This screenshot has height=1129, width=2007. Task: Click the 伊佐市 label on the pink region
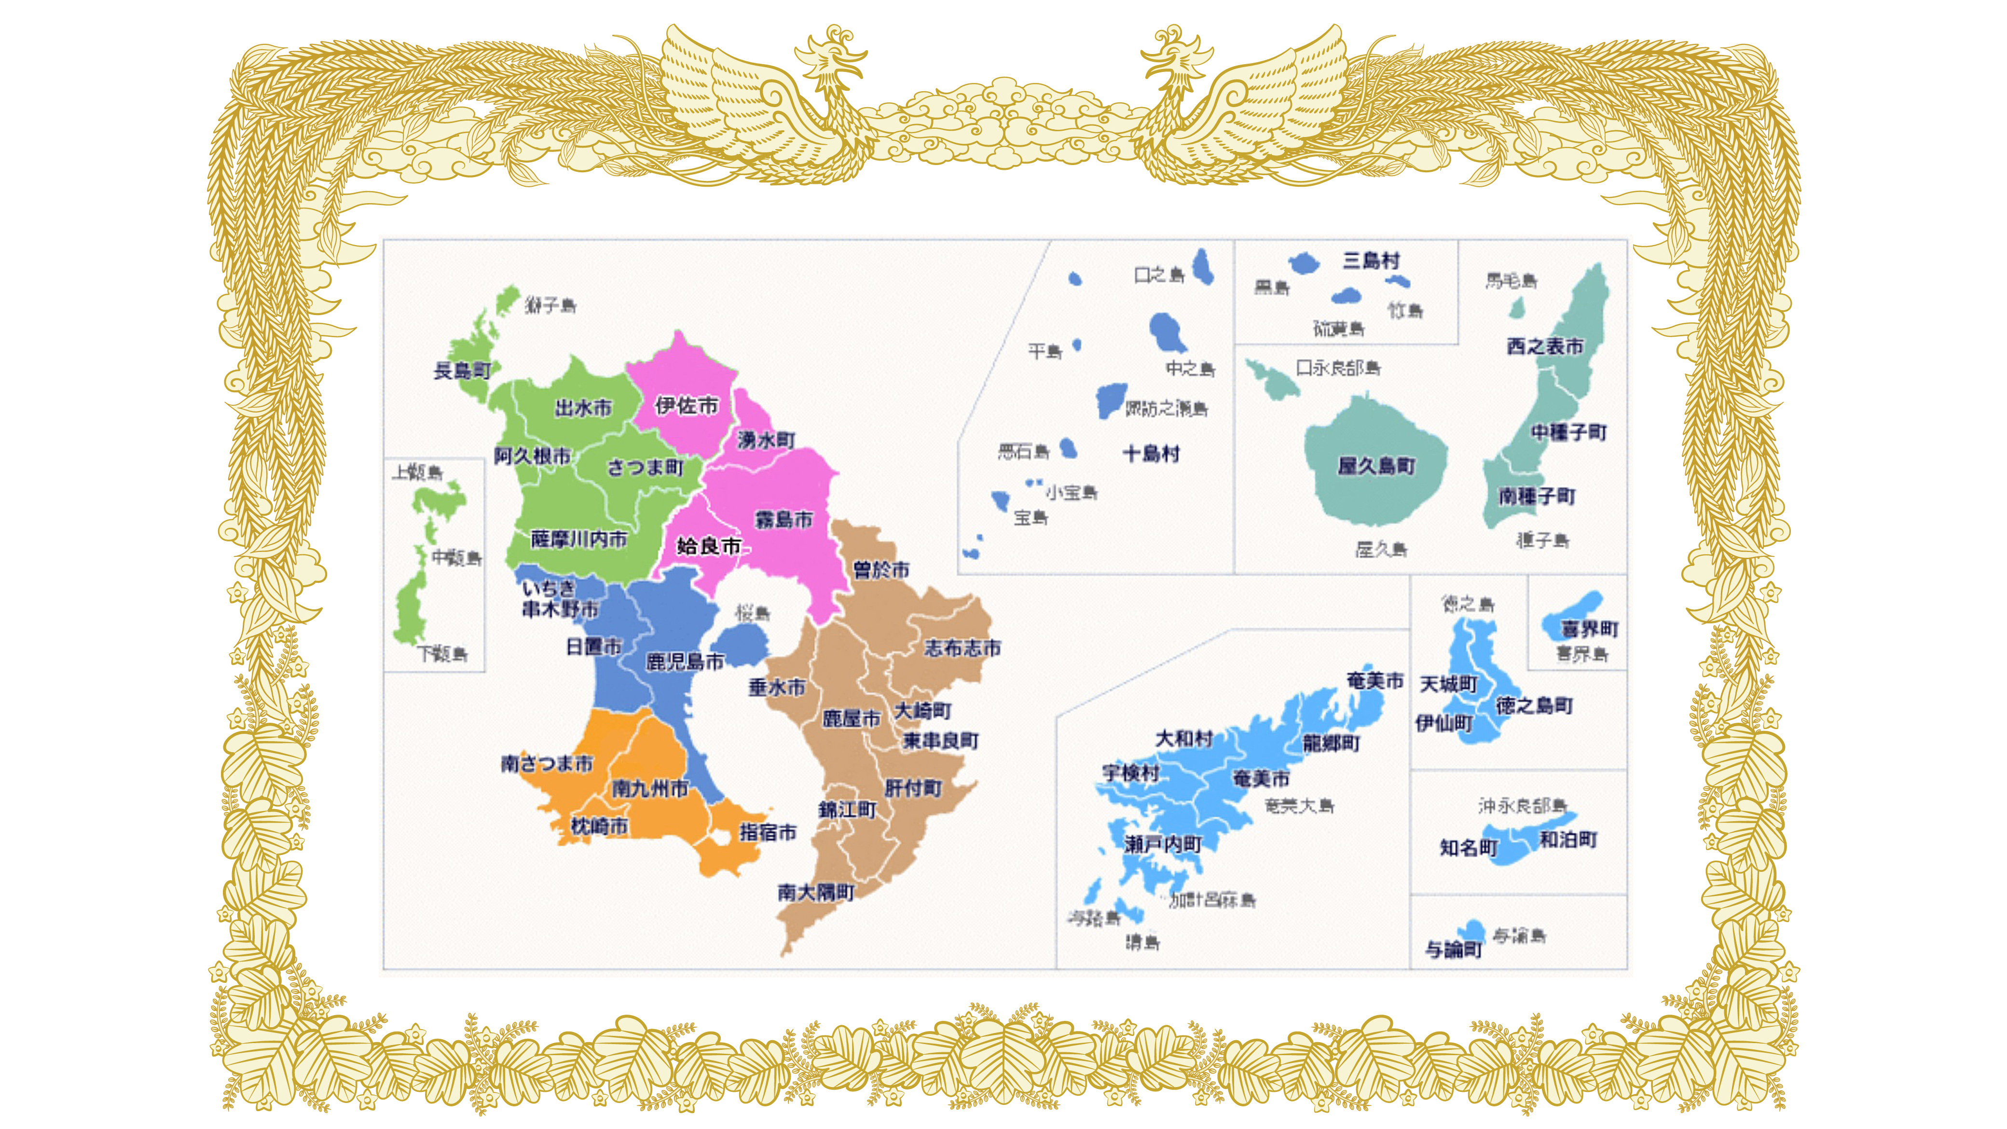[686, 405]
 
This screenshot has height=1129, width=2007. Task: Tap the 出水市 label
[583, 408]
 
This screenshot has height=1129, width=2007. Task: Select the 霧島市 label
[783, 519]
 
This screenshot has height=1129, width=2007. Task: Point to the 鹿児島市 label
[685, 661]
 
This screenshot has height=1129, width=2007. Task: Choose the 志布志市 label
[962, 647]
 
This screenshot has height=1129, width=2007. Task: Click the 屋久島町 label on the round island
[1376, 466]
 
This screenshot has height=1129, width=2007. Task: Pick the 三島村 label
[1371, 260]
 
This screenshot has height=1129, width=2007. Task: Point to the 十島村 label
[1151, 454]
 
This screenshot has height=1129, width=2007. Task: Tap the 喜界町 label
[1589, 628]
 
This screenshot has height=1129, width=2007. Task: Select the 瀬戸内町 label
[1162, 844]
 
